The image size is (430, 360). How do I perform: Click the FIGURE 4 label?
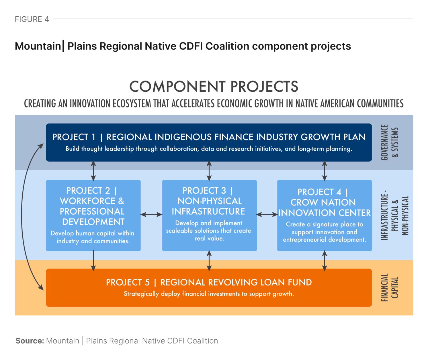click(x=32, y=19)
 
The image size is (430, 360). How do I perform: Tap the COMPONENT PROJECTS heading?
click(x=214, y=87)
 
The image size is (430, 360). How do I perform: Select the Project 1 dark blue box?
click(x=209, y=142)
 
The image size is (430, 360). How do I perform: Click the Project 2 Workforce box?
click(x=93, y=215)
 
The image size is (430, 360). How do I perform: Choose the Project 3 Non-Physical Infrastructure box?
click(x=209, y=215)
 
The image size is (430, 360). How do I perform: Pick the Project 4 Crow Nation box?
click(x=324, y=215)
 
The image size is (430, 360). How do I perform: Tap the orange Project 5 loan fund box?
click(x=209, y=287)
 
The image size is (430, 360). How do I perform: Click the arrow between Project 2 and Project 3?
click(x=151, y=214)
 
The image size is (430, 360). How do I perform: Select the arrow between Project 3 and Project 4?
click(x=267, y=214)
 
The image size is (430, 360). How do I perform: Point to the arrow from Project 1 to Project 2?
click(x=93, y=171)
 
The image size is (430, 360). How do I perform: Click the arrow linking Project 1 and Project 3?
click(x=209, y=171)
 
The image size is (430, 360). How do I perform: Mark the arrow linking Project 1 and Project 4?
click(x=325, y=171)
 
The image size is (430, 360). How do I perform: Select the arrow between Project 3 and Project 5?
click(x=209, y=260)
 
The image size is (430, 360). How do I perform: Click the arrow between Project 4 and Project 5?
click(x=325, y=260)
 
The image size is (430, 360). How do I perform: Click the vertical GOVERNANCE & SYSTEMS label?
click(x=390, y=142)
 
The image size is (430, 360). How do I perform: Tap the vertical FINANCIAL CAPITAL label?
click(x=390, y=287)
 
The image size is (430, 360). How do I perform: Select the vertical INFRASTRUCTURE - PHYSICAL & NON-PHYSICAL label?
click(x=394, y=215)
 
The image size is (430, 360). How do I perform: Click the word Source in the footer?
click(x=30, y=341)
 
